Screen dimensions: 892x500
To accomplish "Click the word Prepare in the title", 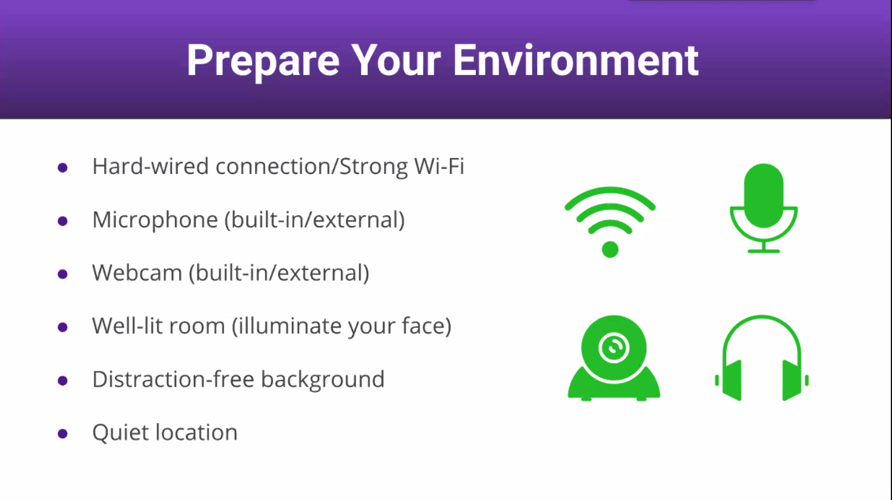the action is coord(263,61).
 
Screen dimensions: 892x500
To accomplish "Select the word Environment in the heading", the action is coord(575,60).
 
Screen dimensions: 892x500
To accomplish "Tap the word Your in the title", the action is coord(396,60).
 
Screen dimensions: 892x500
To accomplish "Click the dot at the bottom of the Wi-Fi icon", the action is coord(610,250).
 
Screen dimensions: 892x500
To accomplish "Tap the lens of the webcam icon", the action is coord(613,347).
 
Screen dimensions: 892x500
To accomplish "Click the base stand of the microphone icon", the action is coord(764,251).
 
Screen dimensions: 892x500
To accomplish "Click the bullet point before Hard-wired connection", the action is coord(62,167).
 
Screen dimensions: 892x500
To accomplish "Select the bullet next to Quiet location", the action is coord(62,433).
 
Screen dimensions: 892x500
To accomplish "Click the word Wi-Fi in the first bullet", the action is coord(439,166).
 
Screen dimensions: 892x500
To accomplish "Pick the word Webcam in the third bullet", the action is coord(137,273).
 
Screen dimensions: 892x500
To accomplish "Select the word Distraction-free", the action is coord(173,379).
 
